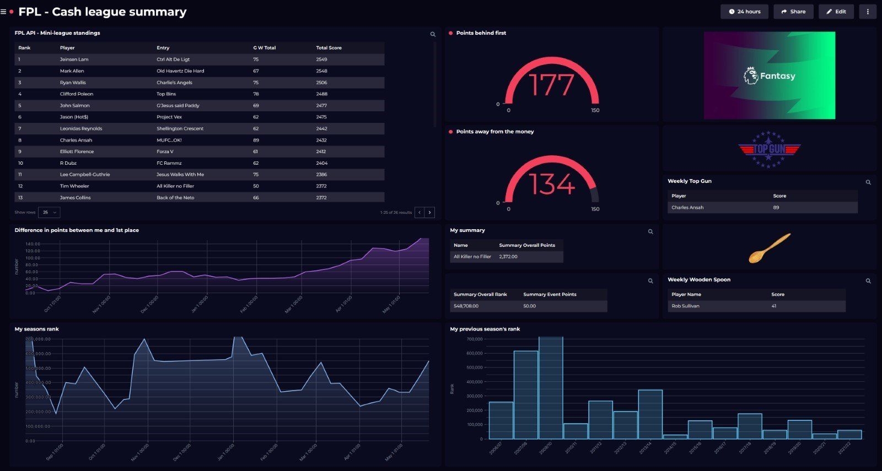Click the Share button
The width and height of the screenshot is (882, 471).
(x=793, y=12)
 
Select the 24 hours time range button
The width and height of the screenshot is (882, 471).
(x=744, y=12)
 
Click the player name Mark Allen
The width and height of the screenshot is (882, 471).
(x=72, y=71)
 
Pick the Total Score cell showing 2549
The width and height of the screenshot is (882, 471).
(x=321, y=59)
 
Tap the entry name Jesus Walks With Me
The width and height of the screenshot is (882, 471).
(x=180, y=175)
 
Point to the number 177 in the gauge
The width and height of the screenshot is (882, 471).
(x=551, y=85)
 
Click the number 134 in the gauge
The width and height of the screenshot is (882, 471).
(x=551, y=184)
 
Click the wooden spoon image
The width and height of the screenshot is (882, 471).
(x=770, y=248)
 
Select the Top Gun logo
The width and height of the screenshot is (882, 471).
(x=769, y=149)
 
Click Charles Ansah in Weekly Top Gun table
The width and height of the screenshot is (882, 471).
(x=687, y=208)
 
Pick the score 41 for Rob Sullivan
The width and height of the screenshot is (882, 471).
(x=773, y=306)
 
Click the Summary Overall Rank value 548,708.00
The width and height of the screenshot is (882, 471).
(x=466, y=306)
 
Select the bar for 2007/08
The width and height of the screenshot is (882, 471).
(x=525, y=394)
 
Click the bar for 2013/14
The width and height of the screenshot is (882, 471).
(x=650, y=414)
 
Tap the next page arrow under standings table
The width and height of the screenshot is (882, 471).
(x=430, y=212)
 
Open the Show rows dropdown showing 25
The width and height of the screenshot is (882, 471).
(x=50, y=212)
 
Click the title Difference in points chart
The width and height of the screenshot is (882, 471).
(x=77, y=230)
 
